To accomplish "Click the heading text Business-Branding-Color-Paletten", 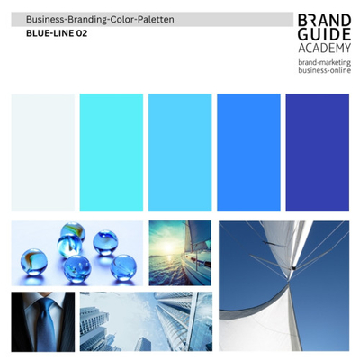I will [100, 19].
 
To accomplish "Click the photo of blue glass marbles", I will [76, 250].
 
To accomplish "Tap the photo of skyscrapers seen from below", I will [146, 321].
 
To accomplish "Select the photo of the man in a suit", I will [42, 321].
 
